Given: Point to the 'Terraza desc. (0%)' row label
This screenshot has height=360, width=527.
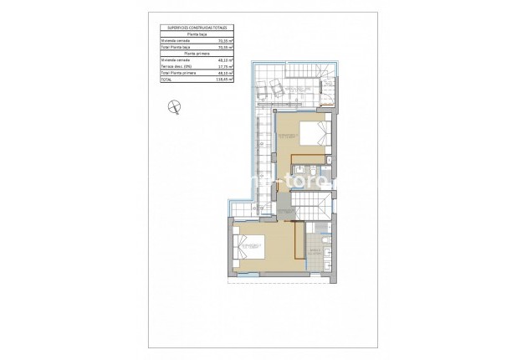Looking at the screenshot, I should (177, 67).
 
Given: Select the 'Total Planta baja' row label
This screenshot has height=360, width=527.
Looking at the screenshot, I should (177, 47).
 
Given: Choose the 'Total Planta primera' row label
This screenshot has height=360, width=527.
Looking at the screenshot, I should (179, 74).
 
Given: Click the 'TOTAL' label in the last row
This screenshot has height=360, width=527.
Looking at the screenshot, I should (167, 80).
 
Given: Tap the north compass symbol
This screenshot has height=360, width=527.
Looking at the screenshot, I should (174, 105).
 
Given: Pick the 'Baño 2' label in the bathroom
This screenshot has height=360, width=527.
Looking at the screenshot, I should (315, 250).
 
